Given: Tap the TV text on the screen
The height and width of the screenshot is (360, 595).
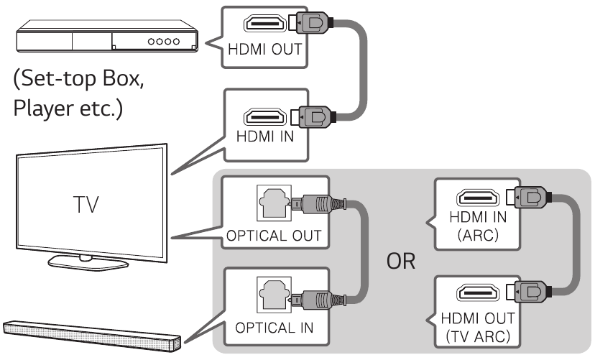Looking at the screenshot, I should tap(90, 208).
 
